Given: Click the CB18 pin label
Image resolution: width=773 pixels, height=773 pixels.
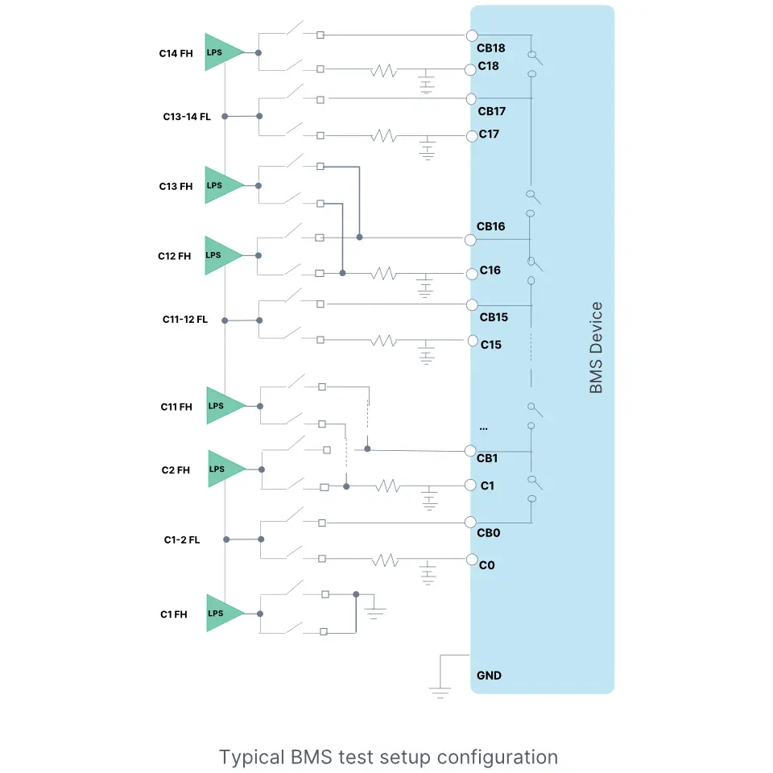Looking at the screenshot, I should pos(491,48).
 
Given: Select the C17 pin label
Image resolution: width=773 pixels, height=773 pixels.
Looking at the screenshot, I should pos(489,134).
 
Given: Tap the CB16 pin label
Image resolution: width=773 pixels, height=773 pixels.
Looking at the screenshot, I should pos(490,226).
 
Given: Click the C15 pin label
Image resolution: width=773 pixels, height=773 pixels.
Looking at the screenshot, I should pos(491,345).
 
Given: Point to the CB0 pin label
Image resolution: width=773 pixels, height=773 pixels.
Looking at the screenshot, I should pos(489,532).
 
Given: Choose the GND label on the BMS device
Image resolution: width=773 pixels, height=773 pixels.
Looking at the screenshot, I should pos(489,676).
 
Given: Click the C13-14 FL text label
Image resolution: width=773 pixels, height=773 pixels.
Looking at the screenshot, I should pos(187,117).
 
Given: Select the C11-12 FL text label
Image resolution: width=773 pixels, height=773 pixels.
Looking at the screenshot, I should pos(184,320).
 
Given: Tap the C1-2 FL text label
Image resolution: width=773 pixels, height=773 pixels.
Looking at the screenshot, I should pos(182,539).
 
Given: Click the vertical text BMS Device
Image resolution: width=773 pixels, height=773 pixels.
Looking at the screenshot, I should pos(596,348).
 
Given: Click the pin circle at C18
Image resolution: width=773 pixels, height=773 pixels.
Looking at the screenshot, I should pos(472,70).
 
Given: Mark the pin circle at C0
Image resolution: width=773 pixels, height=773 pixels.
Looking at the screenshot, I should pos(473,559).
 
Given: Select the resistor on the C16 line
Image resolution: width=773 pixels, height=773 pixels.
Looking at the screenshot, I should pos(384,274).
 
